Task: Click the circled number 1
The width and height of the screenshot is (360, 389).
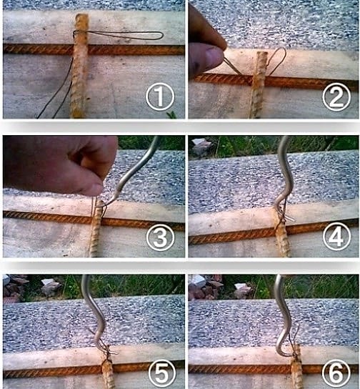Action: (160, 97)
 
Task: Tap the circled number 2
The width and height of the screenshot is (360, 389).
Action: (336, 97)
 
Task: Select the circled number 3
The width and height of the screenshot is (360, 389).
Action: (160, 237)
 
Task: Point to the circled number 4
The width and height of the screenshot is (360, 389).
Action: (336, 237)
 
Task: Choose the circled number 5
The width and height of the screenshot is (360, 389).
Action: (161, 373)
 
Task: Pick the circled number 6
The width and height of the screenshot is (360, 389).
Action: (336, 373)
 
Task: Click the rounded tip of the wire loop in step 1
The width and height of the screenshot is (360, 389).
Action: (162, 36)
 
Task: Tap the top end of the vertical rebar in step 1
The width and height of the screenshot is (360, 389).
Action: (82, 16)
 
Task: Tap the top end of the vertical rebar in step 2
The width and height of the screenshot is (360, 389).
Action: (262, 53)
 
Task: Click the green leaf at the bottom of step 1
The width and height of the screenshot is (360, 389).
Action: (171, 115)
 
